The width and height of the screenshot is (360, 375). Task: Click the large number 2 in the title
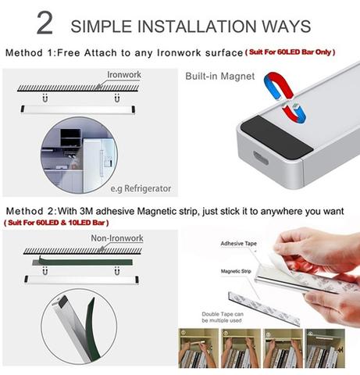coord(45,23)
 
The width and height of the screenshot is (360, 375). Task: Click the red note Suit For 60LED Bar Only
coord(301,53)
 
